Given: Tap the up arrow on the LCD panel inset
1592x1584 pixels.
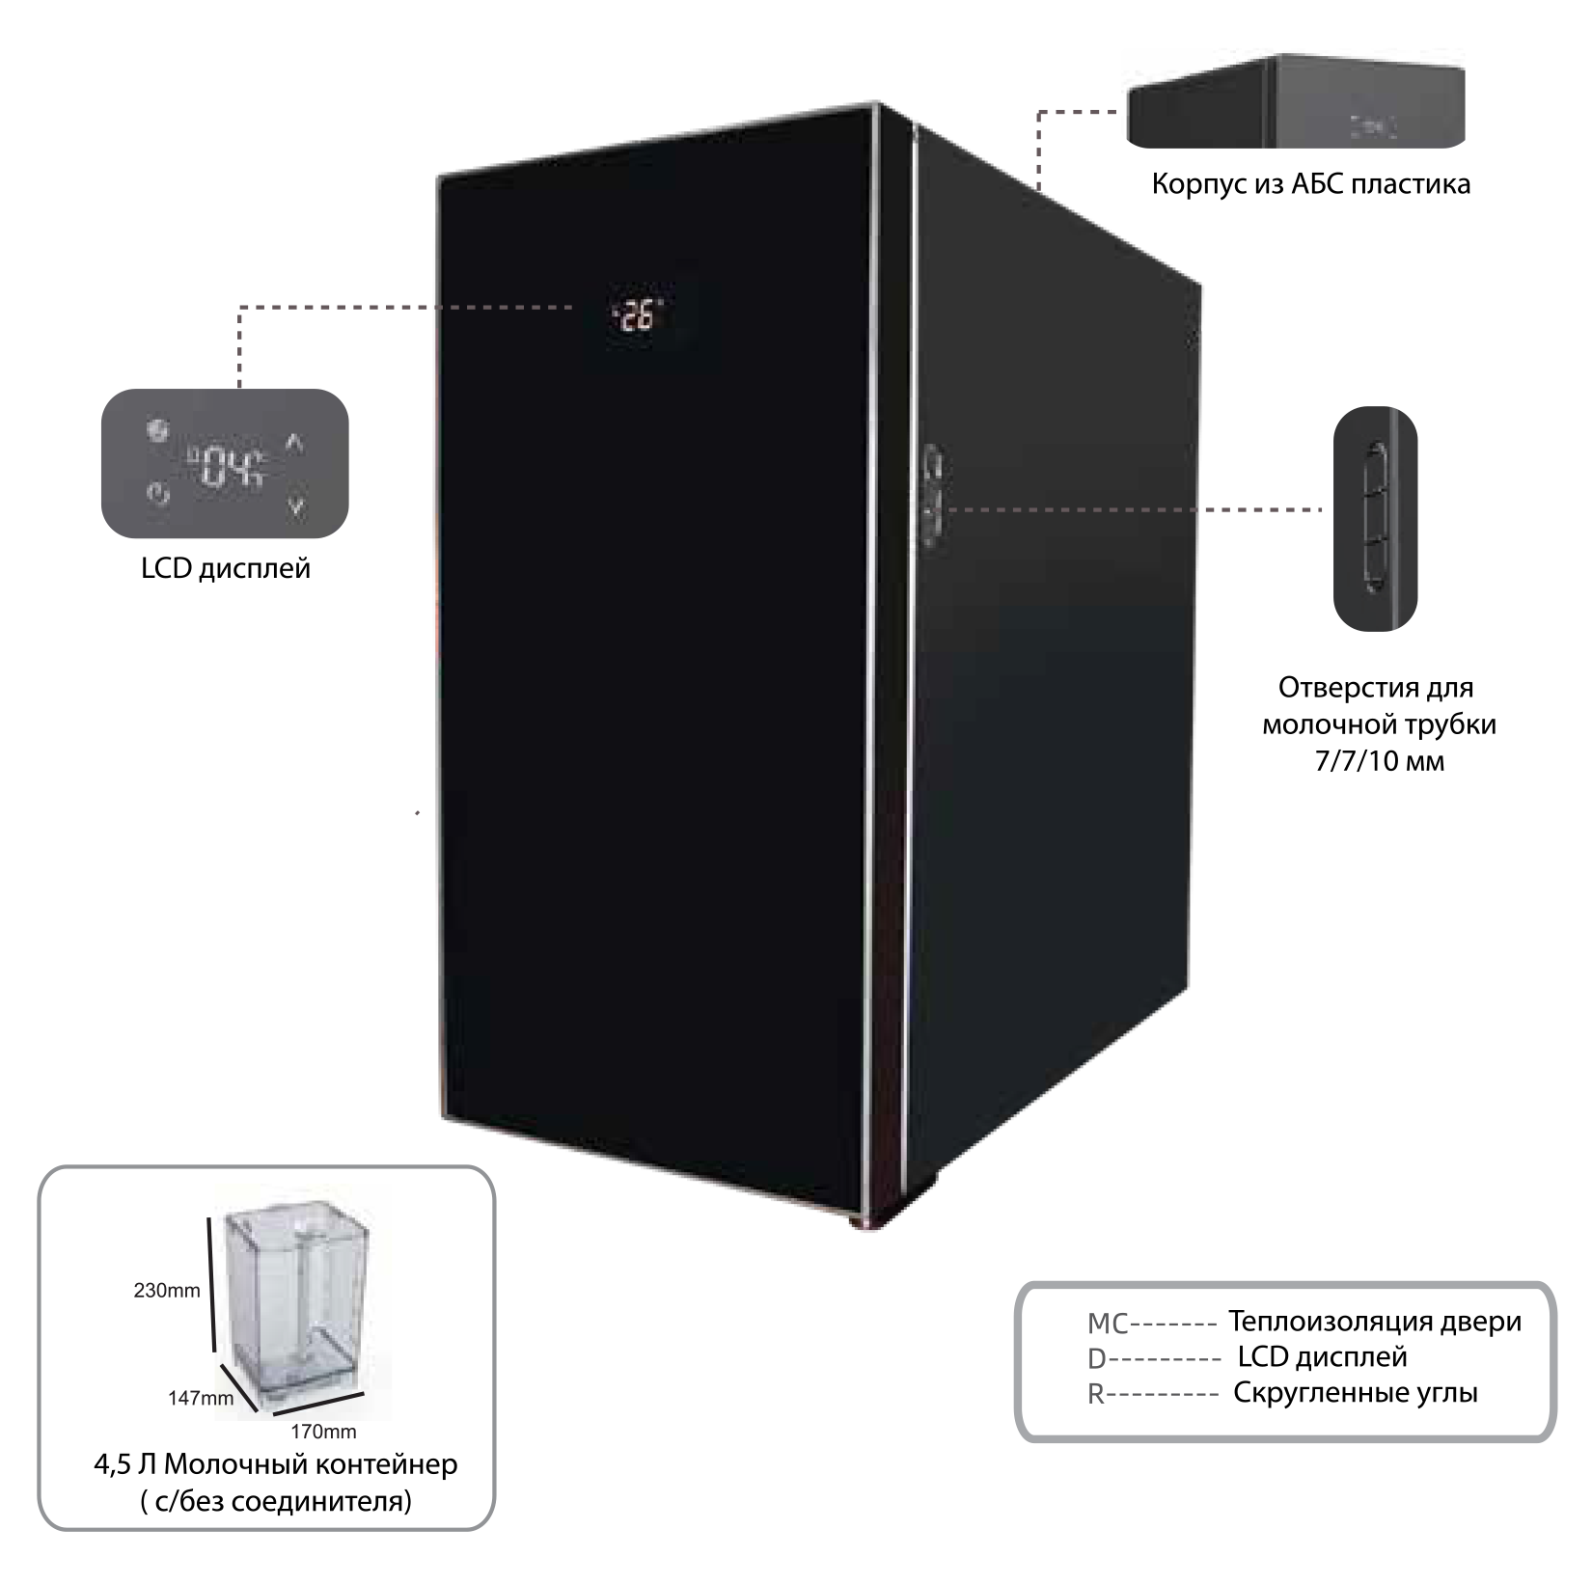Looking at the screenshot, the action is [295, 444].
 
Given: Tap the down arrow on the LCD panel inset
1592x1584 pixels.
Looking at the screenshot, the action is [296, 503].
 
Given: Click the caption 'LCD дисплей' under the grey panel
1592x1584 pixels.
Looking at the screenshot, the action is [226, 568].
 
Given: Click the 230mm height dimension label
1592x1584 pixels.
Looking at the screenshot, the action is [167, 1291].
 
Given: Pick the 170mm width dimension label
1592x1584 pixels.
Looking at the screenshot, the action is [324, 1432].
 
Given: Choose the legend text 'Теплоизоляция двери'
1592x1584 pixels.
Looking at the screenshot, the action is [1375, 1321].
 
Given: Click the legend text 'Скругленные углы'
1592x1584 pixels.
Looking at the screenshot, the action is [1356, 1393].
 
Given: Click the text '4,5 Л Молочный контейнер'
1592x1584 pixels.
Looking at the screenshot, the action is [276, 1464].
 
